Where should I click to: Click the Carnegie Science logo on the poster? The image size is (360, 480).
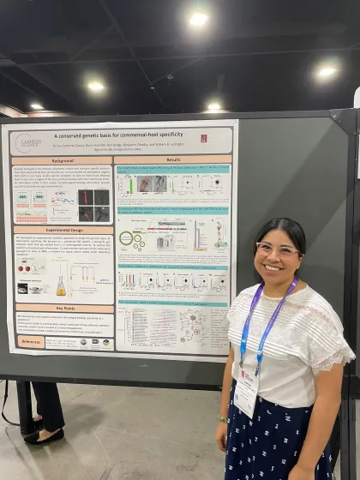[x=30, y=141]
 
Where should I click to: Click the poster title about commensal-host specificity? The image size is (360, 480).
[x=126, y=135]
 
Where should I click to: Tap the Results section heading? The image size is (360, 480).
[x=173, y=159]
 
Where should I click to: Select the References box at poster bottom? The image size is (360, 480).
[x=32, y=341]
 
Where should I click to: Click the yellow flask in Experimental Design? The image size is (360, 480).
[x=61, y=286]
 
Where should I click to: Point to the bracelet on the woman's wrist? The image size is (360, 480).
[x=223, y=419]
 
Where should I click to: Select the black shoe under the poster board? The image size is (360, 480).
[x=44, y=436]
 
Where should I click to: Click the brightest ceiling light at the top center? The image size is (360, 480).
[x=198, y=18]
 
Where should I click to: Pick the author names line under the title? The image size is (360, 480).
[x=120, y=147]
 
